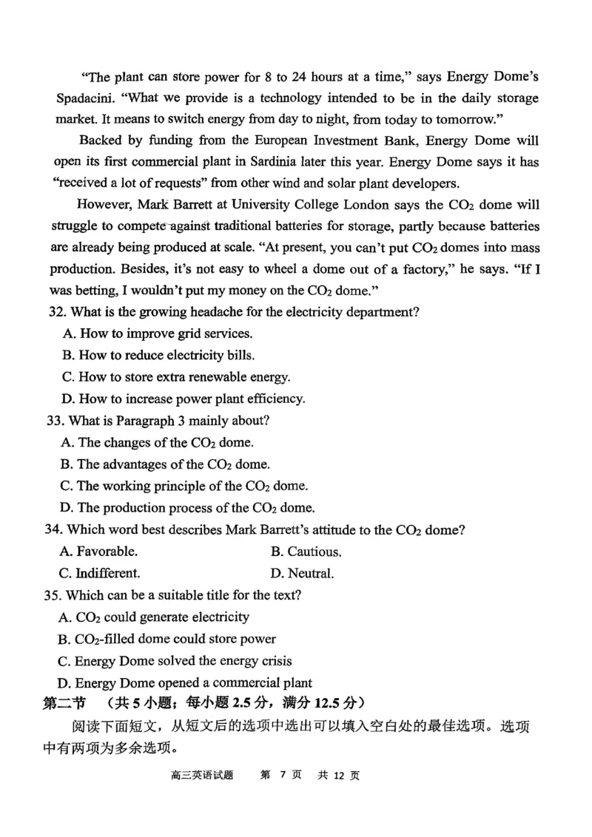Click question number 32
(57, 312)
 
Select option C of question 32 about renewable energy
(176, 377)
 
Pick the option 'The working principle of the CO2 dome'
(184, 487)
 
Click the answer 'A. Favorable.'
(98, 552)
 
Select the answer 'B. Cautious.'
(306, 552)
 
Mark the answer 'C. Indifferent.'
(99, 573)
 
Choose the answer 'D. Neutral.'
(302, 573)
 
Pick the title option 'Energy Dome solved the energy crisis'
(175, 661)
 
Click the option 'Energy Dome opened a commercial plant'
(185, 683)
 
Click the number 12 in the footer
(336, 775)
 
